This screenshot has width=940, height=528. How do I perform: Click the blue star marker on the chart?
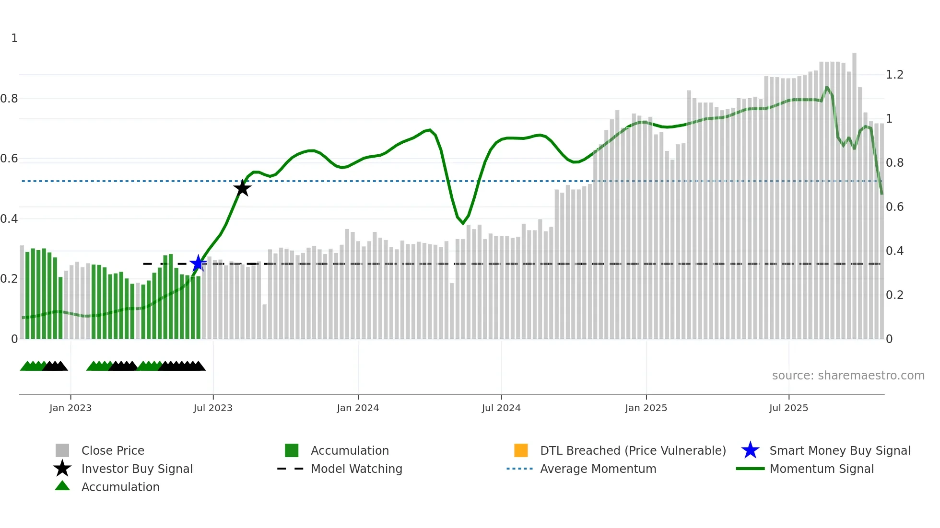click(198, 264)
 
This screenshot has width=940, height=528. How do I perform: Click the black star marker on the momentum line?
click(242, 188)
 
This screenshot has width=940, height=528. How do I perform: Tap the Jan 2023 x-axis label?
click(70, 408)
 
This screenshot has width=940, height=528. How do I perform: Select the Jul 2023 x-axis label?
click(213, 408)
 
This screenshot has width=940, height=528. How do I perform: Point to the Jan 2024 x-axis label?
click(358, 408)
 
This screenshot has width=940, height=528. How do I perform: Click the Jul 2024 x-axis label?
click(501, 408)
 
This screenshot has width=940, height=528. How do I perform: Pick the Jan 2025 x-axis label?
click(646, 408)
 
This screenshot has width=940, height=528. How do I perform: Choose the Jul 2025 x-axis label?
click(788, 408)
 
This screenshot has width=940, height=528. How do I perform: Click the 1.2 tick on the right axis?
click(894, 75)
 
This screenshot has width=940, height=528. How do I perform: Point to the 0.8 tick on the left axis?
click(9, 99)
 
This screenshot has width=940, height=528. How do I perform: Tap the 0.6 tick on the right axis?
click(894, 207)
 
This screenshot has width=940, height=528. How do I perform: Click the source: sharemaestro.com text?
click(848, 376)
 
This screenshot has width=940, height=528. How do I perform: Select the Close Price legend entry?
click(113, 450)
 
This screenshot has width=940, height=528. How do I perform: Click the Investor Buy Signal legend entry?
click(137, 469)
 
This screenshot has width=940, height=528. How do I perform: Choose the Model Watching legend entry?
click(356, 469)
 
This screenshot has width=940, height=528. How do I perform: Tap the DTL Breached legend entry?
click(633, 450)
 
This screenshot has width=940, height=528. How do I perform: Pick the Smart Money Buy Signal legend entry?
click(840, 450)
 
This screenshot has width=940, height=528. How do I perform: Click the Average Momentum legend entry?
click(598, 469)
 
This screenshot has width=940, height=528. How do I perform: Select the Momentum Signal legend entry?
click(822, 469)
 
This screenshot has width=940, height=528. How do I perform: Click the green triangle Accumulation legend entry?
click(120, 487)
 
